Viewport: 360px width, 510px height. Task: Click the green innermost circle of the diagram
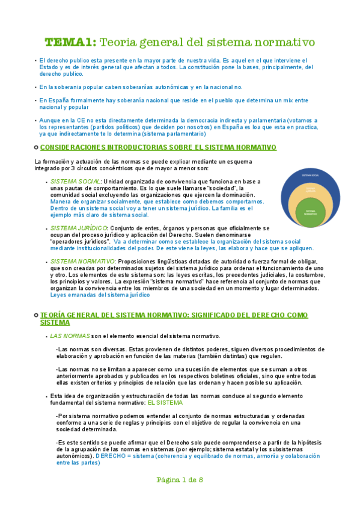[310, 214]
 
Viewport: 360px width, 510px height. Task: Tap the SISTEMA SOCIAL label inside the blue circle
[310, 175]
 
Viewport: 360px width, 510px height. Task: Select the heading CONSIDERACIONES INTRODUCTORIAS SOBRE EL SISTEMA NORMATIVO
[158, 147]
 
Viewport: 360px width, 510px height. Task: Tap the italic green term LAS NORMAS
[70, 336]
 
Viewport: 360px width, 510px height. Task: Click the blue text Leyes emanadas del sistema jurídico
[100, 295]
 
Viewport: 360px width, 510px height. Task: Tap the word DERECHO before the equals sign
[110, 456]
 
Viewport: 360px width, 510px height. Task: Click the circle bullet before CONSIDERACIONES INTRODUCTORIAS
[36, 148]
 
